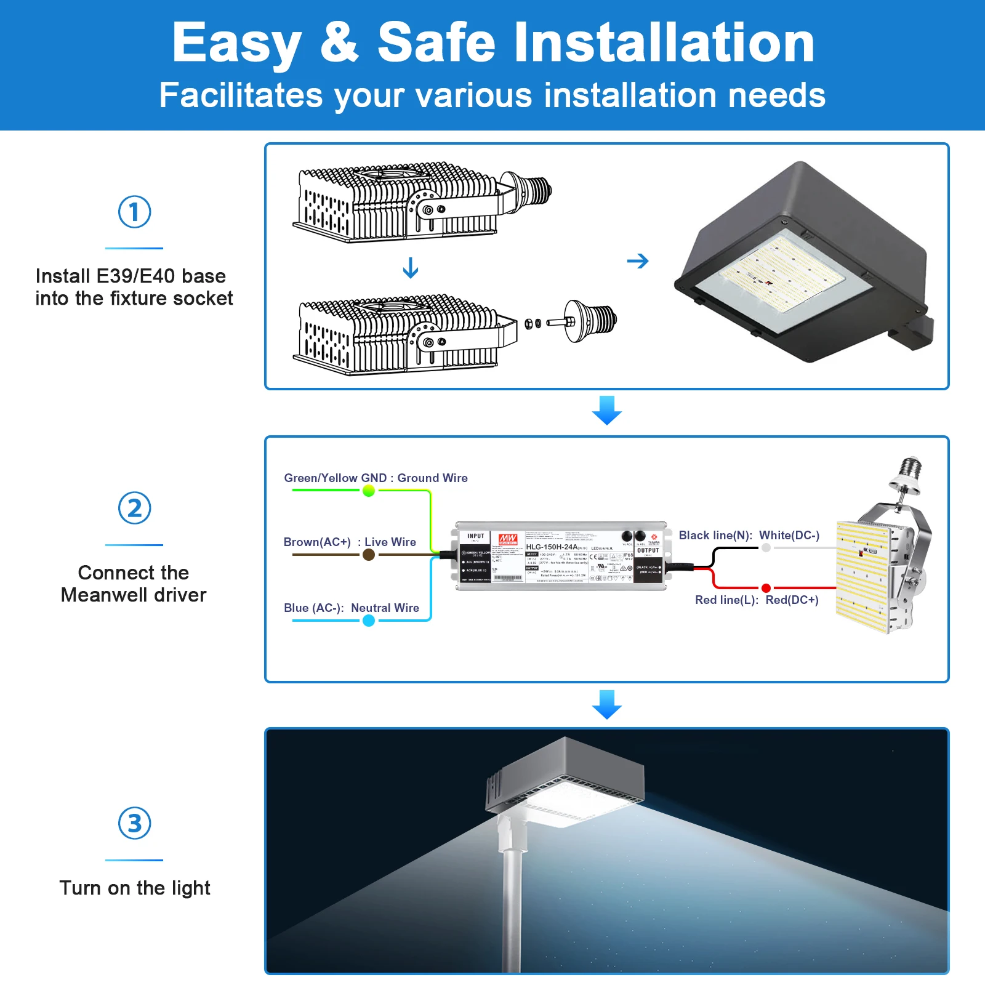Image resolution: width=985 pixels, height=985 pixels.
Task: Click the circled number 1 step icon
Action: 134,212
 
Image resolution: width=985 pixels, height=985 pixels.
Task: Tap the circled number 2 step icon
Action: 134,508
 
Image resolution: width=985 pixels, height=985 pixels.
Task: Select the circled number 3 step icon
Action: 134,823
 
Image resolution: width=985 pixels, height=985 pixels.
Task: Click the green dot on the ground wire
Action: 369,491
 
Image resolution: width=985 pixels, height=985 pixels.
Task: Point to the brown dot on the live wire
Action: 369,555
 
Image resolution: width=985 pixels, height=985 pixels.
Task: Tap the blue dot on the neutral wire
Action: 369,621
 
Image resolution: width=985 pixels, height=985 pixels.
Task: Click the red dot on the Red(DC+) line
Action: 766,588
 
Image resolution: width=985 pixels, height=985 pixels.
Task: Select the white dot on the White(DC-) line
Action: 766,547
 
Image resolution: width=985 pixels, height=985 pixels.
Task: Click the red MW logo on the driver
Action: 508,539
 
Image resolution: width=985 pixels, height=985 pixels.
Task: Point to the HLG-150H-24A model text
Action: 552,547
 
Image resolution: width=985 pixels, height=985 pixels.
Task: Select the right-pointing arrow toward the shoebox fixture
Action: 638,261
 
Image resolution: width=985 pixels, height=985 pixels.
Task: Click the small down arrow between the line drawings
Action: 411,268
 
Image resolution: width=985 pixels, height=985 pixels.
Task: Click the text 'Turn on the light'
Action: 134,888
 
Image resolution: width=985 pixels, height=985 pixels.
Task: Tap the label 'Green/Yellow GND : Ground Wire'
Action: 376,478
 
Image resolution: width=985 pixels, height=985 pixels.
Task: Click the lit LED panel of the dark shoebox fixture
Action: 782,271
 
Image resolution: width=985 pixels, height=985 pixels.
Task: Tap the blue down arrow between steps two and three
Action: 606,704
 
